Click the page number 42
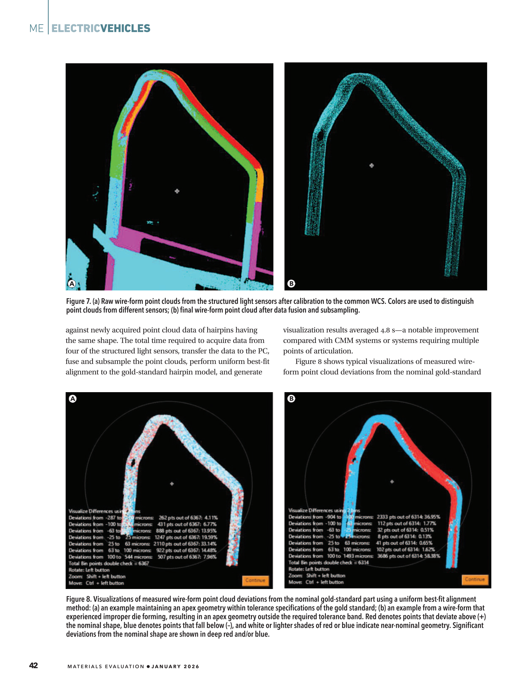(x=34, y=665)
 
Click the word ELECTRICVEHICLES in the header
(x=101, y=28)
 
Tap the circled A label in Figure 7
(x=72, y=284)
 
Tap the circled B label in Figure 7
(x=291, y=284)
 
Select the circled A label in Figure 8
(x=73, y=399)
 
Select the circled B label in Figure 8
(x=291, y=398)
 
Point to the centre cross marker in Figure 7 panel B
(x=372, y=165)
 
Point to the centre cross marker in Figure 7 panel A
(x=177, y=191)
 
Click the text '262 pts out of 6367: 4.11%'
(x=188, y=518)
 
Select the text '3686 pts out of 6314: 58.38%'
(x=408, y=556)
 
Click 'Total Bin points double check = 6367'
(x=109, y=563)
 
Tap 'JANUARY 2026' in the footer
(x=175, y=666)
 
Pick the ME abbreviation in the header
(x=36, y=29)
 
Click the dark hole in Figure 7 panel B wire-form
(x=320, y=136)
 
